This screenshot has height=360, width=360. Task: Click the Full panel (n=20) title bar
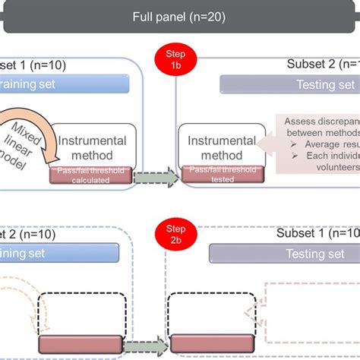click(x=180, y=17)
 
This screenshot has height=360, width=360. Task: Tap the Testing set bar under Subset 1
click(x=285, y=254)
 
